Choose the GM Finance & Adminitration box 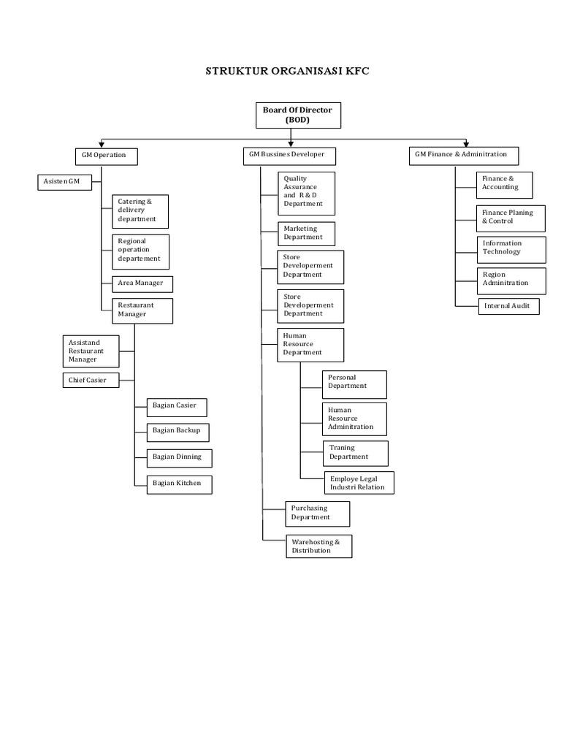point(464,156)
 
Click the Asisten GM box point(64,182)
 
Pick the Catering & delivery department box point(140,210)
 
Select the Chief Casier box point(90,380)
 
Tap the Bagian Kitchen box point(179,483)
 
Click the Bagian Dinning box point(179,457)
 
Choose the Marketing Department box point(307,233)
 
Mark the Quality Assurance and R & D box point(307,192)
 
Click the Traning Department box point(355,453)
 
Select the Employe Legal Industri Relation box point(358,482)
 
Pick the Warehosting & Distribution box point(318,546)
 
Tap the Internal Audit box point(508,306)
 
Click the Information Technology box point(511,248)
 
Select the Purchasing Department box point(318,513)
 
